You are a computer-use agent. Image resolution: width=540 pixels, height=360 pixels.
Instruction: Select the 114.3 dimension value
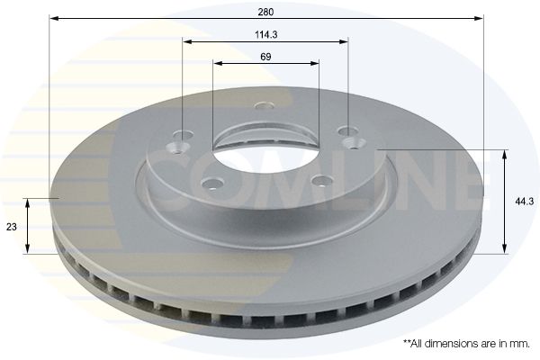pos(265,34)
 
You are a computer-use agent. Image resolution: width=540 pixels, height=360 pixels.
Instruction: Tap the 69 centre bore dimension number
pos(265,56)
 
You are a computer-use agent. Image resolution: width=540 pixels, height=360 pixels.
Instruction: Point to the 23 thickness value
pos(12,228)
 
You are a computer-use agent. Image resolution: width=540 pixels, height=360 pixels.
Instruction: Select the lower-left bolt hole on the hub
pos(212,184)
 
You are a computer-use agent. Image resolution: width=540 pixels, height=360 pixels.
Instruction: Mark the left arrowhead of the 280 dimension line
pos(52,18)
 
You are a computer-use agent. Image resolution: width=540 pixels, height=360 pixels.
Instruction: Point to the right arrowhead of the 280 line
pos(481,18)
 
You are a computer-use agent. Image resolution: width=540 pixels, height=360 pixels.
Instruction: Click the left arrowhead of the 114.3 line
pos(186,41)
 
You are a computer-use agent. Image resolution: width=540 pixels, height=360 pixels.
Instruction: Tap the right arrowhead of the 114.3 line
pos(344,41)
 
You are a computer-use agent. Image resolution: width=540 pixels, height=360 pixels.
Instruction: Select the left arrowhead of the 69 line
pos(217,63)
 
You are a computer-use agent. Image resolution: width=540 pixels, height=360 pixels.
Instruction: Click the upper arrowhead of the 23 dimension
pos(30,203)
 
